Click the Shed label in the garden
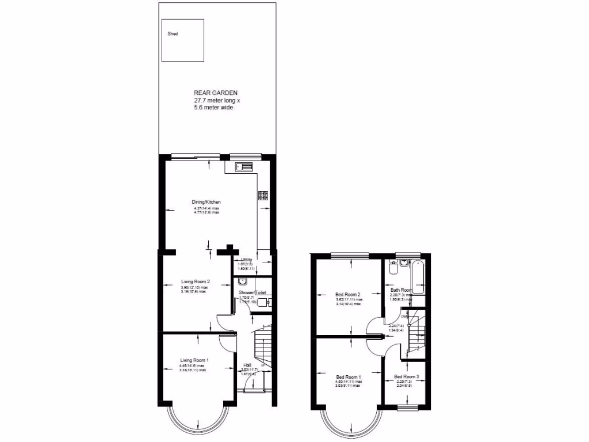coord(173,34)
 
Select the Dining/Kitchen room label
coord(206,202)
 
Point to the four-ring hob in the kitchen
coord(263,195)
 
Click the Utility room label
coord(247,260)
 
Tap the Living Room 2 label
coord(194,281)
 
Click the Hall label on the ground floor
coord(247,365)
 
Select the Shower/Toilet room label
coord(253,293)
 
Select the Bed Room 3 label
coord(407,377)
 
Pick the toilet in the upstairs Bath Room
coord(393,268)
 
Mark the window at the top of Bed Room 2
coord(350,256)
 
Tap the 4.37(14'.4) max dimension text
coord(206,208)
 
